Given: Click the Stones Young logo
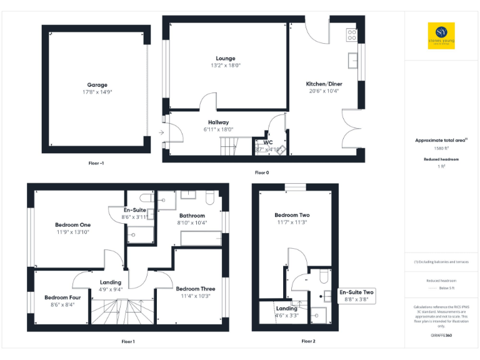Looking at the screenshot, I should click(441, 36).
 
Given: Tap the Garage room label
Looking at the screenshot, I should click(97, 85).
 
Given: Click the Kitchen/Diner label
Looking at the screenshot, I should click(324, 84).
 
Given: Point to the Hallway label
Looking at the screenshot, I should click(218, 122).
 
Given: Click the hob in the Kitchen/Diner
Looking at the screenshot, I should click(352, 35).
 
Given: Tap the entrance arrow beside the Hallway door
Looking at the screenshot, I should click(161, 132).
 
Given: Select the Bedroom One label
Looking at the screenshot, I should click(72, 225).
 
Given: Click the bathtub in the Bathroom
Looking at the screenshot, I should click(200, 238).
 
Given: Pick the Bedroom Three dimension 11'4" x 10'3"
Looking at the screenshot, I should click(195, 296).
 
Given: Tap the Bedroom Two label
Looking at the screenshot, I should click(292, 215).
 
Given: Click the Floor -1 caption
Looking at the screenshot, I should click(96, 162).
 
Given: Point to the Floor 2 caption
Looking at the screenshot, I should click(308, 341).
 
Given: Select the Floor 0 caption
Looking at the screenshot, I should click(262, 172).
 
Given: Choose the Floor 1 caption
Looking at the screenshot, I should click(128, 341).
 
